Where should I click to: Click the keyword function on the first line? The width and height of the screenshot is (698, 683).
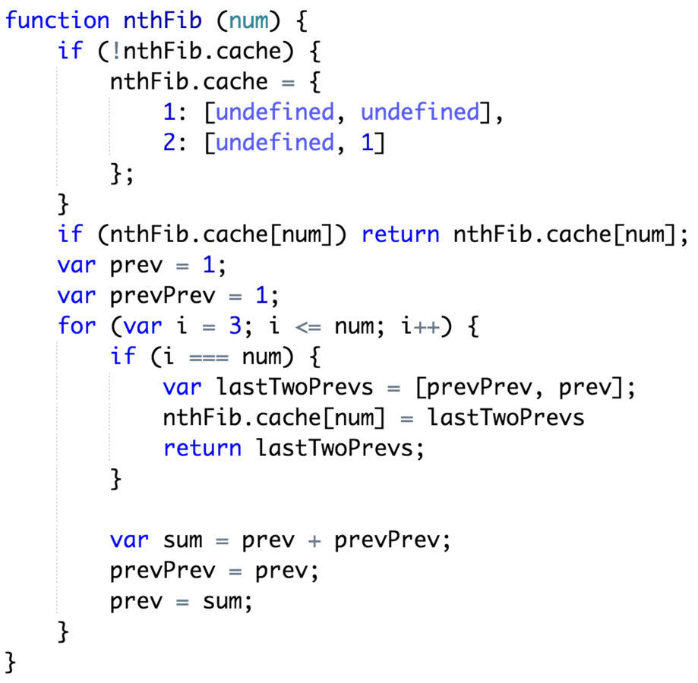57,20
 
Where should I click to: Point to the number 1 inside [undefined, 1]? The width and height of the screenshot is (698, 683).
368,143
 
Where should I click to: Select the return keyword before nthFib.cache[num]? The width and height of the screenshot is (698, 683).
400,234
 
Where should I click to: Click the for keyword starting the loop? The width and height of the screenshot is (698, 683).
77,326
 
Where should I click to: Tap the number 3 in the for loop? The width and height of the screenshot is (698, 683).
235,326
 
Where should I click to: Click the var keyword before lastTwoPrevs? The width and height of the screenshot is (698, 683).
182,388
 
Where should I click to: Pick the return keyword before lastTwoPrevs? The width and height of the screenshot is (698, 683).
202,449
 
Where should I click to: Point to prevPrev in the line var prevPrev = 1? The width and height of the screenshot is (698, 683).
149,295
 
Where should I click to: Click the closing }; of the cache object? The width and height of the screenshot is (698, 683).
122,174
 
